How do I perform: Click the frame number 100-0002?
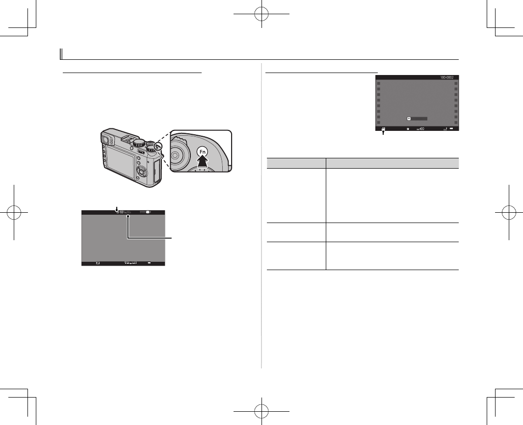[x=443, y=78]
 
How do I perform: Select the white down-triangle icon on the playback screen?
[x=409, y=119]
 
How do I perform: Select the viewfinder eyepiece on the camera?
[x=104, y=142]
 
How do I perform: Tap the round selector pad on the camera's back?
[x=142, y=171]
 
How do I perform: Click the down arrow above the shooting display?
[x=117, y=208]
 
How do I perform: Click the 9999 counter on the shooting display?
[x=144, y=213]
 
